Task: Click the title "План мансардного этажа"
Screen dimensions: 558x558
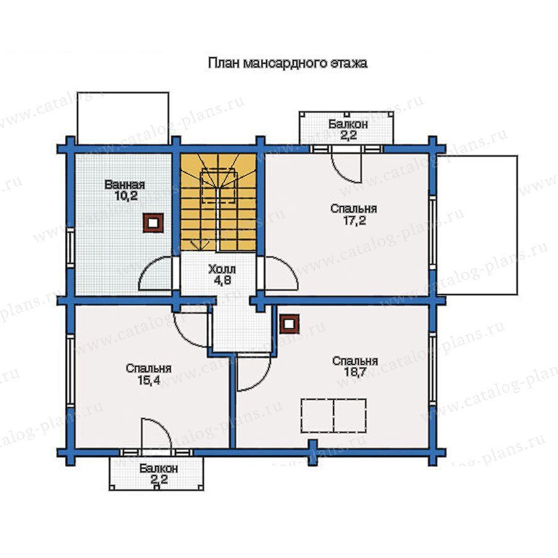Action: tap(288, 63)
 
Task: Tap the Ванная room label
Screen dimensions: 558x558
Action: tap(125, 185)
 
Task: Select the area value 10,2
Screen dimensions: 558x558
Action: tap(126, 196)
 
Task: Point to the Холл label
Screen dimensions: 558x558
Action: tap(222, 268)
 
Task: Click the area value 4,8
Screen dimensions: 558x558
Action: tap(223, 280)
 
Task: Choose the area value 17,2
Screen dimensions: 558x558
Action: tap(355, 221)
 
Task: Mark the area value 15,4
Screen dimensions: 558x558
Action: tap(149, 380)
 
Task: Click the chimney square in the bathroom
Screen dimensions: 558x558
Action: tap(153, 223)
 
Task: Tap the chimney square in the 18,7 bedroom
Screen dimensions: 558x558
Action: tap(289, 324)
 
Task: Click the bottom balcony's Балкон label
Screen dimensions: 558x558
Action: tap(158, 468)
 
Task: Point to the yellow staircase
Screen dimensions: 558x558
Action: tap(218, 201)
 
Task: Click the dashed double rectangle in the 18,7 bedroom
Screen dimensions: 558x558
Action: tap(334, 415)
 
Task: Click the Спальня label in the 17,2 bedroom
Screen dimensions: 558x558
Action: tap(353, 208)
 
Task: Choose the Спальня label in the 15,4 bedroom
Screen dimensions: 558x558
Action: tap(148, 368)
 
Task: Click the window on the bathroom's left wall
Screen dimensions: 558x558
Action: tap(71, 249)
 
